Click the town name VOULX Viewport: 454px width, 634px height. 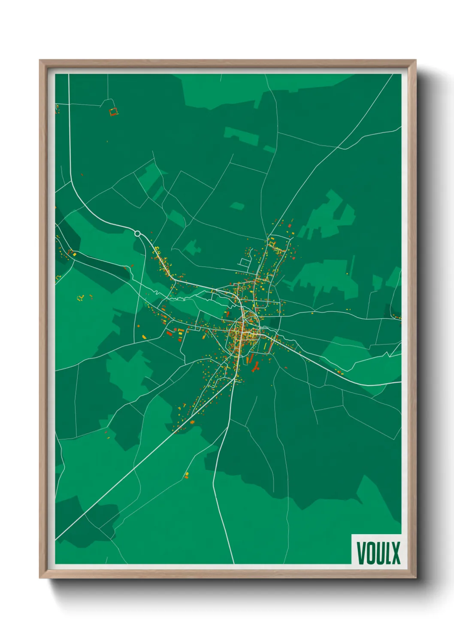[x=378, y=553]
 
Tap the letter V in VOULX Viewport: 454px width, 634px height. [x=361, y=553]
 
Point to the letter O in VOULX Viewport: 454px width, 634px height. [x=369, y=553]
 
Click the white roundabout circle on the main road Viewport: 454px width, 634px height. [x=137, y=233]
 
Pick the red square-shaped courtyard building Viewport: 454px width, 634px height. [x=113, y=112]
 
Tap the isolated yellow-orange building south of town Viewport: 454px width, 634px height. [x=187, y=475]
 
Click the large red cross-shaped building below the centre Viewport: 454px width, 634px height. [x=256, y=366]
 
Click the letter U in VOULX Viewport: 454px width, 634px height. [x=378, y=553]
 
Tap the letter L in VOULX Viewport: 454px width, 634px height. [x=387, y=553]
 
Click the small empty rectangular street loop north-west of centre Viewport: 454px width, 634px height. [x=245, y=262]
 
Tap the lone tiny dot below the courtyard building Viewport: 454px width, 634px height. [x=107, y=141]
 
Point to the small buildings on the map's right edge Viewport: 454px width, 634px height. [x=397, y=317]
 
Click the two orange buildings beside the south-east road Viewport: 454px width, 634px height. [x=339, y=372]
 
